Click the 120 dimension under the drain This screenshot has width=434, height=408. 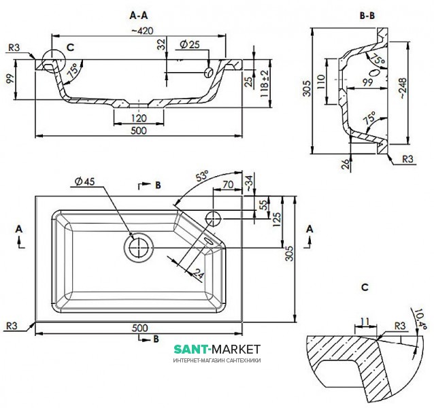click(139, 117)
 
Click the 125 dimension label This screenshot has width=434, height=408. click(278, 219)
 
